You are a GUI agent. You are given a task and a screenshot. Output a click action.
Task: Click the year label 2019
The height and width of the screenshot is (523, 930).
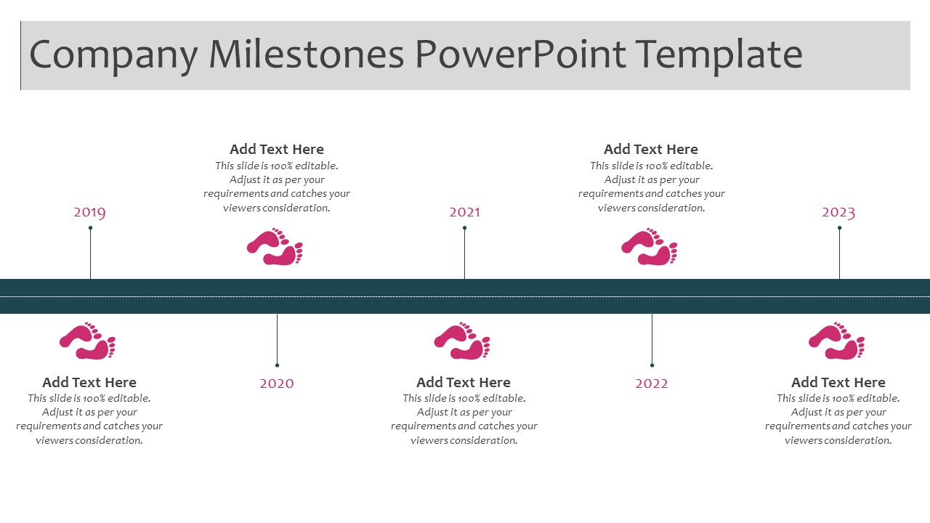tap(89, 212)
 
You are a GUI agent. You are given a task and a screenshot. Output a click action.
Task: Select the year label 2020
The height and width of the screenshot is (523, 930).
tap(277, 383)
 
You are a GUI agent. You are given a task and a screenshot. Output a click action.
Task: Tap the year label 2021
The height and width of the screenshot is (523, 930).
tap(464, 212)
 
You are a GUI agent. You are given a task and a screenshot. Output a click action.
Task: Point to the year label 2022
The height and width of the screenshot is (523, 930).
tap(652, 383)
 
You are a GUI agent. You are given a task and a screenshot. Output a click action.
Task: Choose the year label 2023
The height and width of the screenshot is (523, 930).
tap(838, 213)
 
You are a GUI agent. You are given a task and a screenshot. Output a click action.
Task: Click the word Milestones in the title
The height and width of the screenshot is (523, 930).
tap(306, 54)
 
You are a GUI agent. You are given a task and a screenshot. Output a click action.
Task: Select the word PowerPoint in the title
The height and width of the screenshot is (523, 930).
tap(520, 54)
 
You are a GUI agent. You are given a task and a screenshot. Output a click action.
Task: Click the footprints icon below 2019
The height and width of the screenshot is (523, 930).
tap(88, 341)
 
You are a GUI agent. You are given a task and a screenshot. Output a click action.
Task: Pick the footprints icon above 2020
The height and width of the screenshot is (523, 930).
tap(275, 246)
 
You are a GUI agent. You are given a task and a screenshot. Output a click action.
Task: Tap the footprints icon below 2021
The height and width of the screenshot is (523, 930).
tap(462, 341)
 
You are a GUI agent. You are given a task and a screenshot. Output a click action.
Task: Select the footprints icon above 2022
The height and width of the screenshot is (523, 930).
tap(650, 246)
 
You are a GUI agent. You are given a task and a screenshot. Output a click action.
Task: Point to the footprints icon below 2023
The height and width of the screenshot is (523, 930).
tap(836, 341)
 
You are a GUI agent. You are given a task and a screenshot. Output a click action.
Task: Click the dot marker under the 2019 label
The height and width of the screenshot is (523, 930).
tap(91, 228)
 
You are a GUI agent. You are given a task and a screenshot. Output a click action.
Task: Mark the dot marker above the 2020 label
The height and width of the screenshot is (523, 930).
tap(278, 365)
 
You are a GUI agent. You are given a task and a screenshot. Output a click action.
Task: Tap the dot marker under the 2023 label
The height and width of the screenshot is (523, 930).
tap(839, 228)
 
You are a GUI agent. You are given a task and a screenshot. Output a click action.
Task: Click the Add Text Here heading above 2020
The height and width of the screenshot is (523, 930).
tap(277, 149)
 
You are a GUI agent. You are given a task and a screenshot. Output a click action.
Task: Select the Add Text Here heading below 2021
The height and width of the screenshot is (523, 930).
tap(464, 382)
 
